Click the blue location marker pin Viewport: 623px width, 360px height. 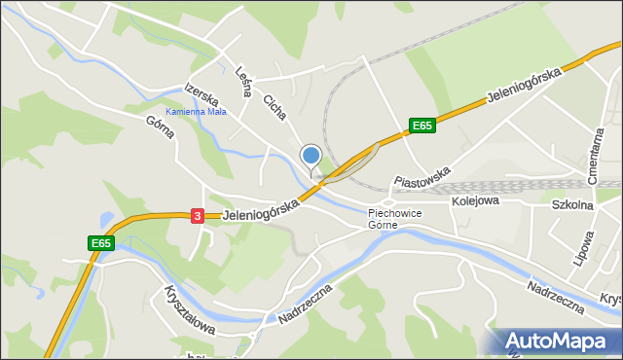click(x=311, y=157)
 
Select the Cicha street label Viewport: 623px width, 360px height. click(x=275, y=106)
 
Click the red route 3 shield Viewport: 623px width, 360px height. click(x=197, y=216)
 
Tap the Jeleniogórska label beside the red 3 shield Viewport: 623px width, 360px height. click(x=259, y=206)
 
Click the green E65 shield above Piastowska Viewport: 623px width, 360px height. click(x=421, y=126)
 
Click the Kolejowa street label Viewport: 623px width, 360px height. click(x=475, y=200)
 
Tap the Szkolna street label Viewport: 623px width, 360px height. click(x=572, y=205)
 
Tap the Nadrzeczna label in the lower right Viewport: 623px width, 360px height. click(x=555, y=298)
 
